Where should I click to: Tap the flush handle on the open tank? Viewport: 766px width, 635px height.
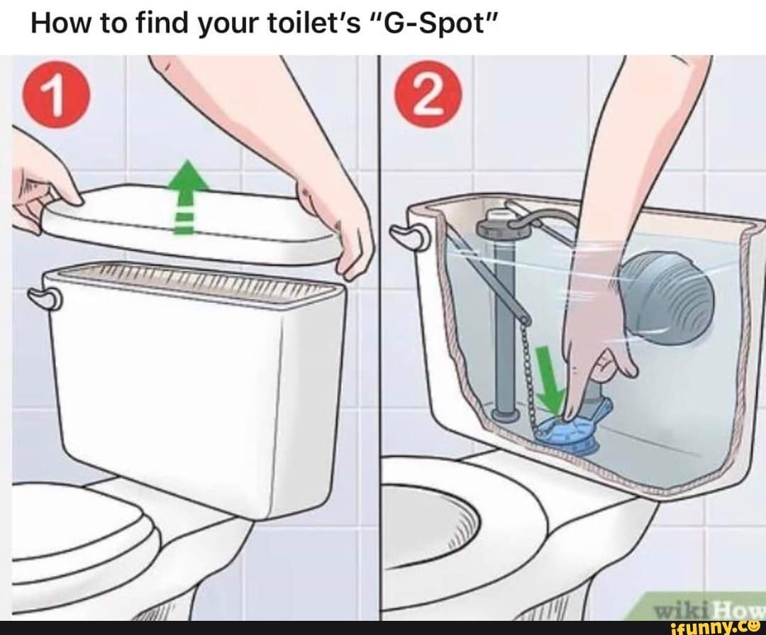pyautogui.click(x=409, y=237)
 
